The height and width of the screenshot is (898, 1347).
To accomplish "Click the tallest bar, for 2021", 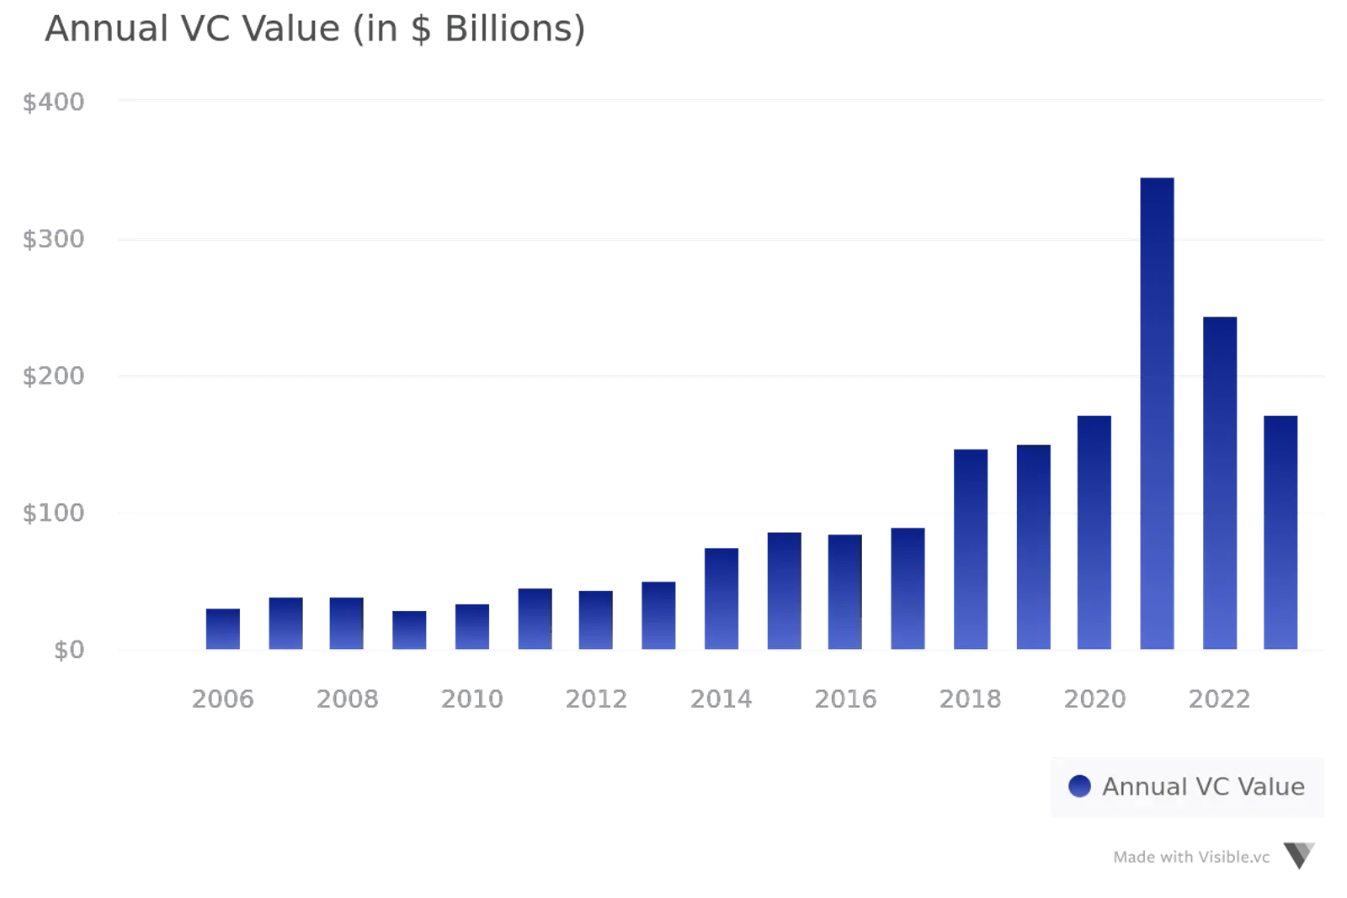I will tap(1157, 412).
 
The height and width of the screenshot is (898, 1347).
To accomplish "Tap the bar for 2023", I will tap(1280, 530).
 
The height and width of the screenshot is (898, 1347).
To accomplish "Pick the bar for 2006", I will tap(222, 628).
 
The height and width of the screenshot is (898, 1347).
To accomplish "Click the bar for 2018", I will tap(970, 547).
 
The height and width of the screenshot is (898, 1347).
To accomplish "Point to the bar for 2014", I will tap(721, 598).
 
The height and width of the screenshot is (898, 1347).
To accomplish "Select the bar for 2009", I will tap(410, 628).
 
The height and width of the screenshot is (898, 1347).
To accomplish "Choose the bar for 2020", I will tap(1094, 530).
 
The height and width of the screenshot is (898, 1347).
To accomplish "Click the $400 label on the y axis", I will tap(54, 102).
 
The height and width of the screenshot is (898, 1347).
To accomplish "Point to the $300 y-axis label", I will tap(54, 239).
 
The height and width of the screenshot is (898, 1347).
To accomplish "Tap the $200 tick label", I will tap(54, 375).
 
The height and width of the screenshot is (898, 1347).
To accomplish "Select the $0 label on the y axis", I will tap(70, 650).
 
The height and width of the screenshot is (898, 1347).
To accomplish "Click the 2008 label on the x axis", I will tap(347, 699).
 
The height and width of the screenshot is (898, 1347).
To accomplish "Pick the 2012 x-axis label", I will tap(596, 699).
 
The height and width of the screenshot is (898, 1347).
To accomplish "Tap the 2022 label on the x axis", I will tap(1218, 699).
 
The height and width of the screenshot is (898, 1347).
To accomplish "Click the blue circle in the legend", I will tap(1079, 786).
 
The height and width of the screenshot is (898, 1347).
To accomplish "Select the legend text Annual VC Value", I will tap(1203, 786).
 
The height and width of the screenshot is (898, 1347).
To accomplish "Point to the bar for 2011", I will tap(534, 618).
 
